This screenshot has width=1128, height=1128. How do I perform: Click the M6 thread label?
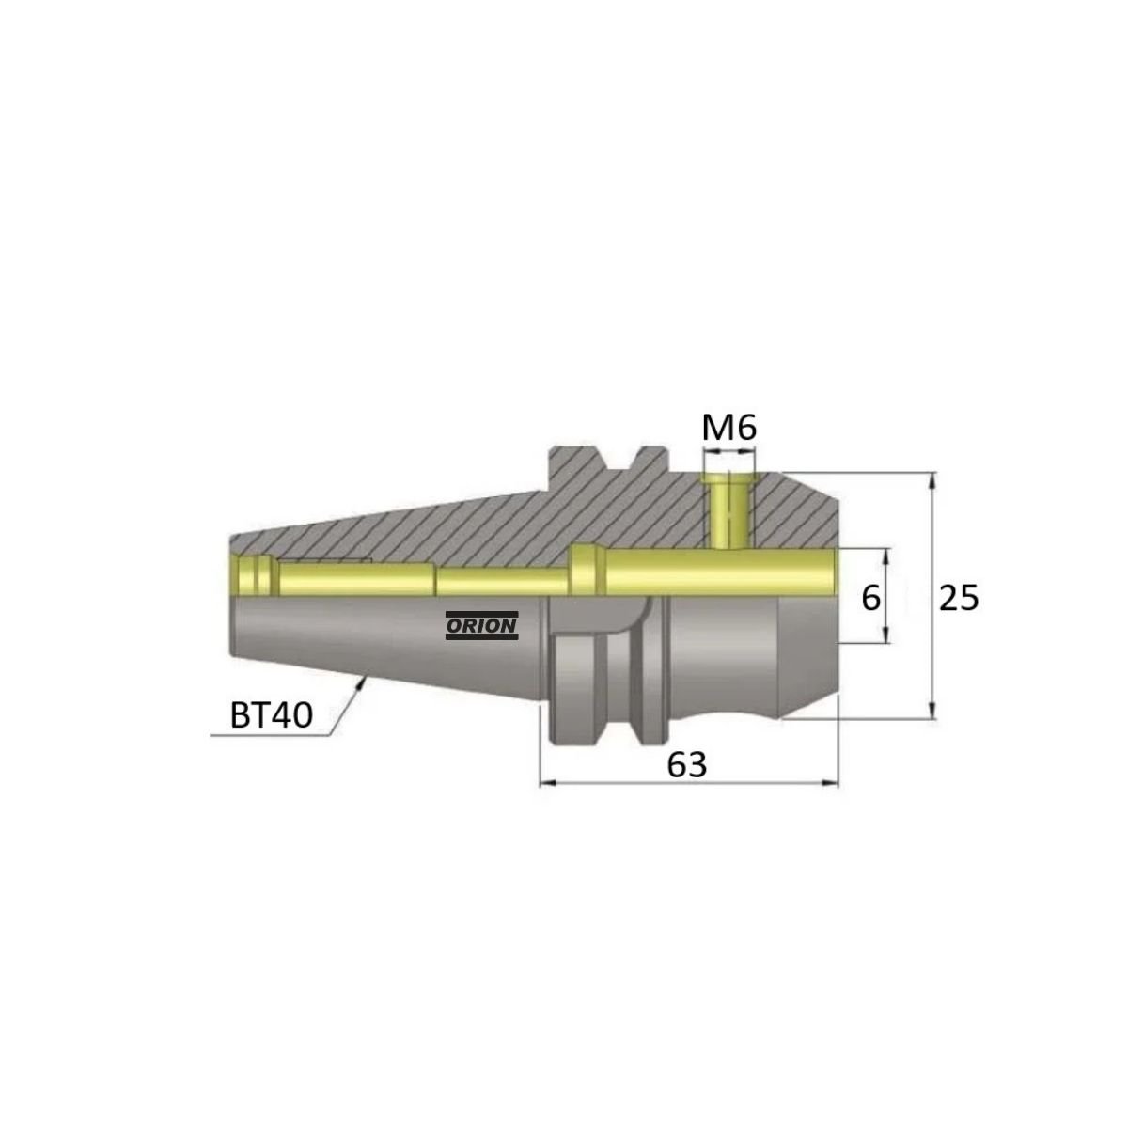(x=728, y=429)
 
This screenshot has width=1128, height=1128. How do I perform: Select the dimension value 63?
(x=686, y=764)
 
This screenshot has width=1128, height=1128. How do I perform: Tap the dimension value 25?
(x=960, y=598)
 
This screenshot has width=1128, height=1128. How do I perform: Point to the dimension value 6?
(x=871, y=598)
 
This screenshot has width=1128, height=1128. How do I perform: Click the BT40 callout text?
(x=271, y=716)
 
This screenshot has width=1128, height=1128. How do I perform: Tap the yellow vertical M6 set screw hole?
(x=726, y=512)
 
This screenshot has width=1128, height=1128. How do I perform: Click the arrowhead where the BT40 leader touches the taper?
(x=362, y=684)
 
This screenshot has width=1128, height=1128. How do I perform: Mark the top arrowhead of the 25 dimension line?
(x=932, y=478)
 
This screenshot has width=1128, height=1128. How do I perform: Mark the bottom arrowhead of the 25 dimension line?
(x=932, y=712)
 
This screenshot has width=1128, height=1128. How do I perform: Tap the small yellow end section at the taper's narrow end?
(x=251, y=574)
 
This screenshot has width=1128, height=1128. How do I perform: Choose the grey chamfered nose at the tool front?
(x=808, y=658)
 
